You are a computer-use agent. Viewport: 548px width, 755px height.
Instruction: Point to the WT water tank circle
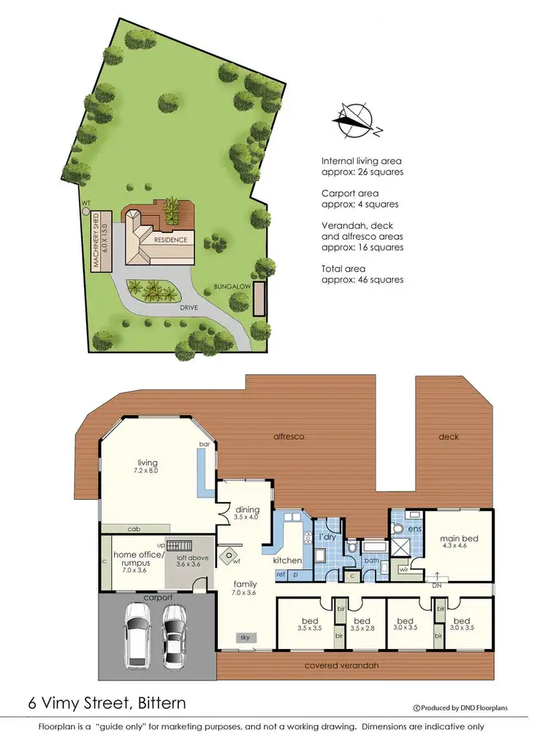click(86, 210)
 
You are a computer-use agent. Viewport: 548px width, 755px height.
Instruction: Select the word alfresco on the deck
click(289, 436)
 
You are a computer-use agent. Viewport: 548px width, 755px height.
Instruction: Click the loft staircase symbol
click(180, 545)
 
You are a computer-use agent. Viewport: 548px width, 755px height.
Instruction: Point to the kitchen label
click(287, 560)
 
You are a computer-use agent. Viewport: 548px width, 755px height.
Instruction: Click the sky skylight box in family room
click(245, 637)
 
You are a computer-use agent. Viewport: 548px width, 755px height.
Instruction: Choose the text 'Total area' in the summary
click(341, 269)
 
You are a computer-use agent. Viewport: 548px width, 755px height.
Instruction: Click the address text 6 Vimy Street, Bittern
click(107, 704)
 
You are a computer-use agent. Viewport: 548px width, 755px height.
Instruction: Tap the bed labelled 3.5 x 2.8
click(362, 623)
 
